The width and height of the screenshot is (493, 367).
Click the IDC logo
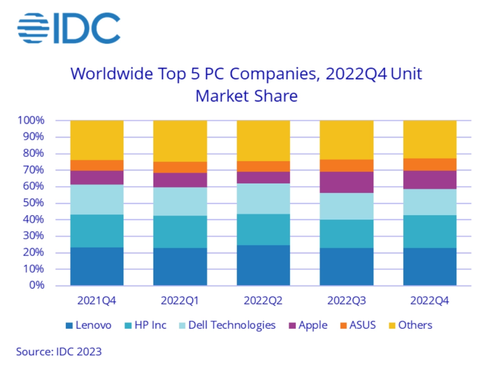pyautogui.click(x=69, y=28)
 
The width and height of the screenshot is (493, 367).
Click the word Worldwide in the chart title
pyautogui.click(x=111, y=74)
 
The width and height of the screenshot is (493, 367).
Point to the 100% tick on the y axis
pyautogui.click(x=31, y=120)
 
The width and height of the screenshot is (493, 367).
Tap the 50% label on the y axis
pyautogui.click(x=33, y=203)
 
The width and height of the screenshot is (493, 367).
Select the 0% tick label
pyautogui.click(x=37, y=285)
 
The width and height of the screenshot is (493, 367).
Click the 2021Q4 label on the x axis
pyautogui.click(x=96, y=300)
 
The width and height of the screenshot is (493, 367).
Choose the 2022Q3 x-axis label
pyautogui.click(x=346, y=300)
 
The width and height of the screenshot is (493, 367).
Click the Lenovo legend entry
pyautogui.click(x=88, y=325)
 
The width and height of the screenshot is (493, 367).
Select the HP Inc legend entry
pyautogui.click(x=145, y=325)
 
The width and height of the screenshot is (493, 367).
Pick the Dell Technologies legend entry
pyautogui.click(x=227, y=325)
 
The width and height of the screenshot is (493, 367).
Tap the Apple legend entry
pyautogui.click(x=308, y=325)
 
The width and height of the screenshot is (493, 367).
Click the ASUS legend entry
pyautogui.click(x=358, y=325)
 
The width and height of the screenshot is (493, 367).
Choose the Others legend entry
pyautogui.click(x=410, y=325)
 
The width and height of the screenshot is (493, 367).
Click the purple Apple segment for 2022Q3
pyautogui.click(x=346, y=182)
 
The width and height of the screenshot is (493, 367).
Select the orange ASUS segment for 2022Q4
pyautogui.click(x=430, y=165)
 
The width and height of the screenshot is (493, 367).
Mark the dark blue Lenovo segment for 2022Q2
pyautogui.click(x=264, y=266)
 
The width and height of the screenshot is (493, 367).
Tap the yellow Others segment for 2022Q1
pyautogui.click(x=180, y=141)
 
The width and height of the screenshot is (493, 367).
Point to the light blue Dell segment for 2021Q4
pyautogui.click(x=97, y=200)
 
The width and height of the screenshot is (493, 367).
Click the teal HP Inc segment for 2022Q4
pyautogui.click(x=430, y=232)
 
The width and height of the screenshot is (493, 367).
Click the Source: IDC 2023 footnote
pyautogui.click(x=59, y=351)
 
